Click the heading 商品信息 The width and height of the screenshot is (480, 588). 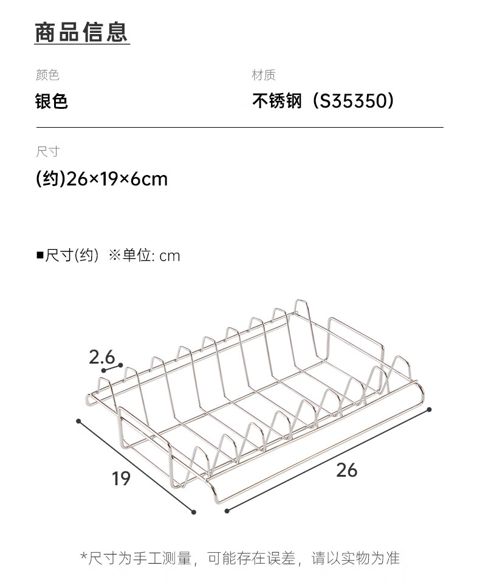81,32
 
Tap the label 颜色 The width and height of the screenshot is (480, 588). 47,75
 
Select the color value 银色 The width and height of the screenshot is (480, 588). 52,101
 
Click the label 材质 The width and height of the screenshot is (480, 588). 264,75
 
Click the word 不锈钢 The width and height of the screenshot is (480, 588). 277,101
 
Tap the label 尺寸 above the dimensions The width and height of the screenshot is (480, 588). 47,152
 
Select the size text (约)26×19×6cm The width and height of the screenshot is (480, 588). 101,179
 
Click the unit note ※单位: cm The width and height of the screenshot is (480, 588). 145,255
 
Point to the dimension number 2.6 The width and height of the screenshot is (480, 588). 101,357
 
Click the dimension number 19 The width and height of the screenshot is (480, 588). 121,479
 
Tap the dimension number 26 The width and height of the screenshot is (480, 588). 346,469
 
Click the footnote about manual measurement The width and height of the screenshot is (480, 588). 240,558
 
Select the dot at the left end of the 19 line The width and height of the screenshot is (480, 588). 78,420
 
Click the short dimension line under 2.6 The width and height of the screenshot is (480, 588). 110,368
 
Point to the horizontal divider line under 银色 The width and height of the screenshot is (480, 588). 240,128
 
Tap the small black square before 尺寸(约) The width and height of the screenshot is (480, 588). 40,255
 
